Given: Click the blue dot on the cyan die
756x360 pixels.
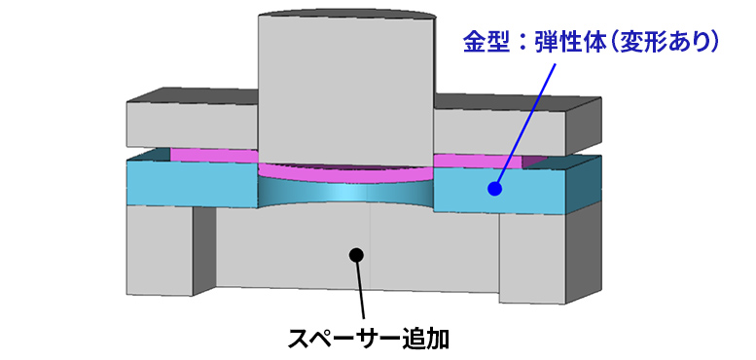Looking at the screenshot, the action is pos(493,189).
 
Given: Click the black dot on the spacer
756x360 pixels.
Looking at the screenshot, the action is pos(356,255).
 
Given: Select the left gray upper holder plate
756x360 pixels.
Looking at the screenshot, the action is pos(190,122).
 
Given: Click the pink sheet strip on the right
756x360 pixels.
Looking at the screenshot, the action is pos(477,160).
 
